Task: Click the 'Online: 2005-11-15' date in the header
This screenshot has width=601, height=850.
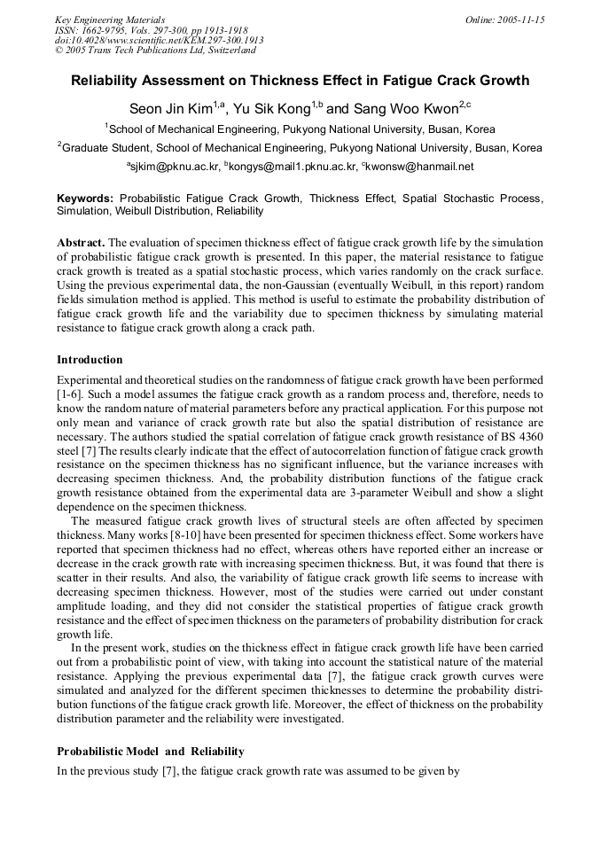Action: (504, 19)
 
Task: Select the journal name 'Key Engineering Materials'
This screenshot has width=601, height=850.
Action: (110, 19)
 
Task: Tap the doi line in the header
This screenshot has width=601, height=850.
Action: (160, 40)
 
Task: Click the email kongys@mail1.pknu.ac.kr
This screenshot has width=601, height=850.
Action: (293, 166)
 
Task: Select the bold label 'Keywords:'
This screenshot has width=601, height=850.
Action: (86, 199)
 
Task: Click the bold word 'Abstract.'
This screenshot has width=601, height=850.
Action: (82, 242)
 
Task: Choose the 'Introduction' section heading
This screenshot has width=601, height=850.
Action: (90, 360)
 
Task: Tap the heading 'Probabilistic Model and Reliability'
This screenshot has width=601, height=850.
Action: (150, 752)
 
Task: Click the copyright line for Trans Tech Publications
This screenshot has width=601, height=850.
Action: (155, 51)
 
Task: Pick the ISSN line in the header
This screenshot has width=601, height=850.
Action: (151, 30)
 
